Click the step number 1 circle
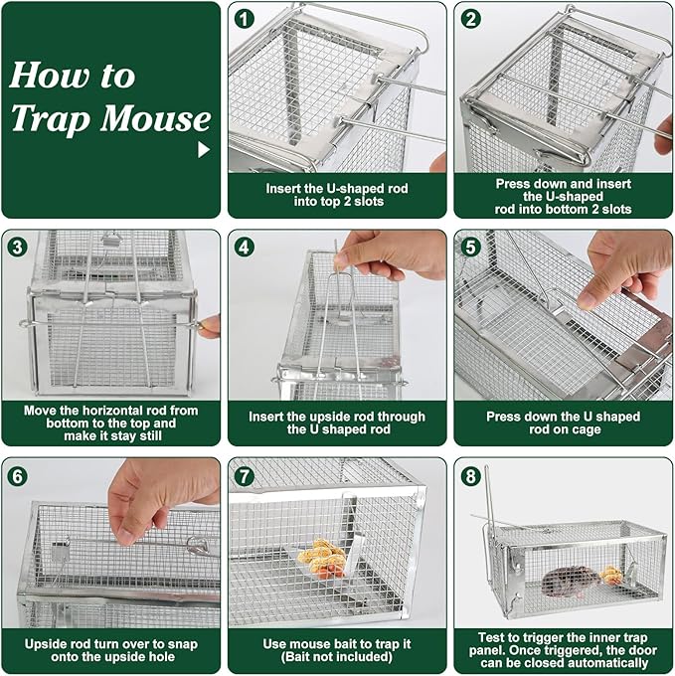coord(245,18)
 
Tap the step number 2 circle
coord(471,18)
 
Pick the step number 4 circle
coord(245,247)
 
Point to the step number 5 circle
coord(471,247)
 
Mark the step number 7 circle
coord(245,475)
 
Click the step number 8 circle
coord(471,475)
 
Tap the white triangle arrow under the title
coord(204,150)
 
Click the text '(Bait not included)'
coord(337,658)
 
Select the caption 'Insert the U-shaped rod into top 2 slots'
coord(337,195)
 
